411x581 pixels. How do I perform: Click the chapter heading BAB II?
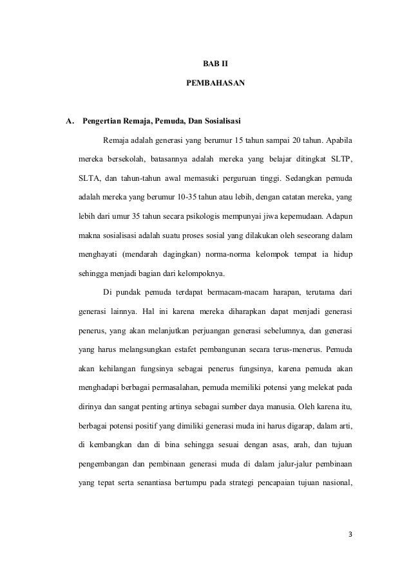205,64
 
